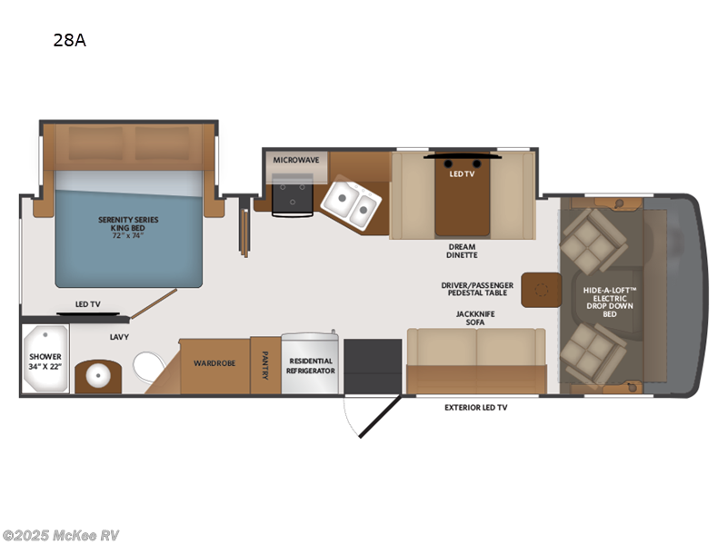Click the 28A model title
pyautogui.click(x=69, y=40)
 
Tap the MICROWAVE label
pyautogui.click(x=296, y=160)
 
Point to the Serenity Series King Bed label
pyautogui.click(x=127, y=225)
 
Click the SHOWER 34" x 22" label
pyautogui.click(x=45, y=362)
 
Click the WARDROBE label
pyautogui.click(x=214, y=363)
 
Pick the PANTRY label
pyautogui.click(x=265, y=365)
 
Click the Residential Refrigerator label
pyautogui.click(x=311, y=366)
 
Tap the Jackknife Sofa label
pyautogui.click(x=475, y=318)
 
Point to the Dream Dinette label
pyautogui.click(x=462, y=252)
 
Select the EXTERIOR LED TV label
pyautogui.click(x=475, y=408)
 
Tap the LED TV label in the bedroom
pyautogui.click(x=87, y=304)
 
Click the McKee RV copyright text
pyautogui.click(x=61, y=535)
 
